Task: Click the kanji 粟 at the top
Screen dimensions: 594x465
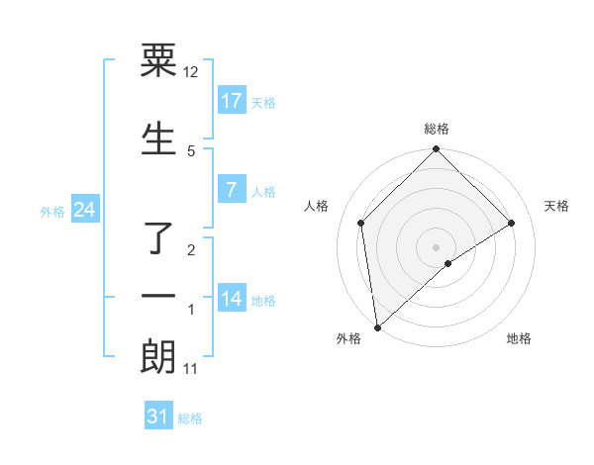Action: (x=158, y=62)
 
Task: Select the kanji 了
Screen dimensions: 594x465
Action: (x=158, y=237)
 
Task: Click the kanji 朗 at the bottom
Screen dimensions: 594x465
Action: (x=158, y=357)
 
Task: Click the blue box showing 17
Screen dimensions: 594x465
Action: (x=232, y=101)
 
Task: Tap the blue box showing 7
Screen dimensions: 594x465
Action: (x=232, y=190)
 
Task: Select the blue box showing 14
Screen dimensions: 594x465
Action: (x=232, y=299)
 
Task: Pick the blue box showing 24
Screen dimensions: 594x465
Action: (x=84, y=210)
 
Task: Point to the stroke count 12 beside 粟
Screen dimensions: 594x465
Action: (x=191, y=72)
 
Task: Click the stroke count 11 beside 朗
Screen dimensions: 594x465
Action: (x=191, y=369)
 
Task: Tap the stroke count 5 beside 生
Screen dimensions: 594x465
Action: (x=191, y=150)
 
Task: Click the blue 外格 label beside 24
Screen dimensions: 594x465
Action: (x=52, y=211)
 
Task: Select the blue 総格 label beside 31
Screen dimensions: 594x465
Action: (x=190, y=418)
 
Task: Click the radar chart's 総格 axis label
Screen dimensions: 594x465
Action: (x=437, y=129)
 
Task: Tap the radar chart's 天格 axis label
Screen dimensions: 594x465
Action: (x=557, y=206)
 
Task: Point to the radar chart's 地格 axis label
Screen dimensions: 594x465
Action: (x=519, y=338)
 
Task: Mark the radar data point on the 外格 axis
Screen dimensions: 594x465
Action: (x=376, y=327)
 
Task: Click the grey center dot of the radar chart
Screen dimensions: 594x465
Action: (x=437, y=246)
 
